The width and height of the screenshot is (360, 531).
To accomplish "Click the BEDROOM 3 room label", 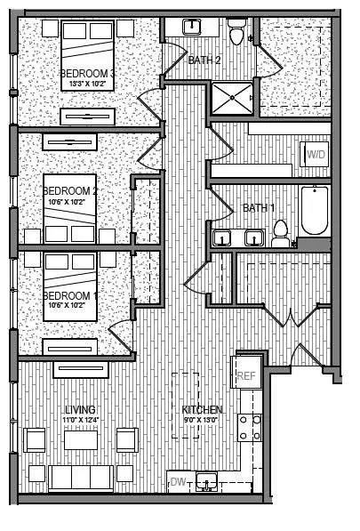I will pos(88,72).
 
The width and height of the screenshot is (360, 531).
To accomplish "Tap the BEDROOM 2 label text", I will pos(70,190).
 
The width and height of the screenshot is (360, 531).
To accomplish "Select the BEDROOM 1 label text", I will pos(70,294).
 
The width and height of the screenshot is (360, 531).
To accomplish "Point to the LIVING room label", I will pos(79,409).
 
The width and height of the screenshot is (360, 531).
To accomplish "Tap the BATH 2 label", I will pos(204,60).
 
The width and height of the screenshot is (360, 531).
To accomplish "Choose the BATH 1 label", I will pos(259,207).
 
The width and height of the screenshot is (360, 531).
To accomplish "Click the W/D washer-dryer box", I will pos(316,155).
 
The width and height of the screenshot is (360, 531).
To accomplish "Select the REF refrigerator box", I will pos(246,375).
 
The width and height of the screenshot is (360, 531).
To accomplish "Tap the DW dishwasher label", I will pos(178,483).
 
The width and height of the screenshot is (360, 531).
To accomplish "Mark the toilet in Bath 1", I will pos(281,235).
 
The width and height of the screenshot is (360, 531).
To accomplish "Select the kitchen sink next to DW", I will pos(207,483).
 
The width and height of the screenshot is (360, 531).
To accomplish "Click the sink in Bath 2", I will pos(191,27).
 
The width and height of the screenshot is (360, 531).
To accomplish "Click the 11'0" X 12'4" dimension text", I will pos(79,420).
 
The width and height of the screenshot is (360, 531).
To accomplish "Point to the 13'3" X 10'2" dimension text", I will pos(88,84).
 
